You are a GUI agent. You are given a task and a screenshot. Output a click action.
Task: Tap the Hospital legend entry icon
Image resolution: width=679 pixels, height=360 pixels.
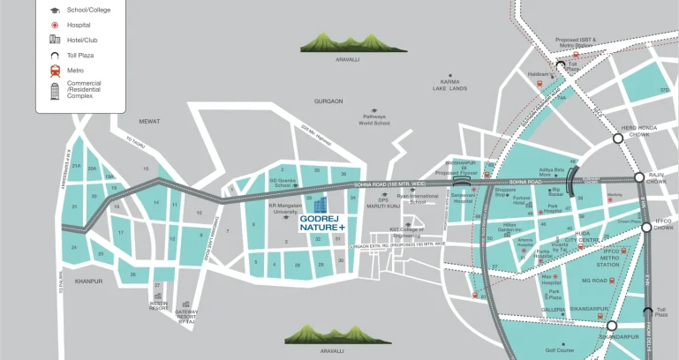pos(55,25)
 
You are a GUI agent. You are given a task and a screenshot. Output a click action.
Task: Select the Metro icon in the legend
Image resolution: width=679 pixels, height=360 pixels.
pos(55,71)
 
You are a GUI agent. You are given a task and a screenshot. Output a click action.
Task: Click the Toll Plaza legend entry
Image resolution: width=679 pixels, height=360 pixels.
pos(55,55)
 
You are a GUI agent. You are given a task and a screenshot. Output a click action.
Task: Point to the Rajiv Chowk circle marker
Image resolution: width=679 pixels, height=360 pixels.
pos(641,177)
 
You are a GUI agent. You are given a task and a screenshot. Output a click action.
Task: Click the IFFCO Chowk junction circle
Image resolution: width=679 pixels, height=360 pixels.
pos(646,227)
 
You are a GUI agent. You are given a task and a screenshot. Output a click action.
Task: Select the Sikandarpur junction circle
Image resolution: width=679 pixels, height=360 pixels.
pos(611,326)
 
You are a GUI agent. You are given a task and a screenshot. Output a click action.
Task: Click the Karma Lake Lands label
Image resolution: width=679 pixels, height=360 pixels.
pos(449,86)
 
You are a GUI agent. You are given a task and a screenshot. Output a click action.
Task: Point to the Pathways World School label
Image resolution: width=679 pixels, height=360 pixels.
pos(374,120)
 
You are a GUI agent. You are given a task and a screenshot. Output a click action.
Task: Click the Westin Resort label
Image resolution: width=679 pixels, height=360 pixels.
pos(159,304)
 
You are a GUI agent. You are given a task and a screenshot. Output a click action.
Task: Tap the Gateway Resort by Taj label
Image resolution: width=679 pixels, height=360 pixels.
pos(186,316)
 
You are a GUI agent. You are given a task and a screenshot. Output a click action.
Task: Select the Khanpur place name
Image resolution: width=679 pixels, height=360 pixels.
pos(89,281)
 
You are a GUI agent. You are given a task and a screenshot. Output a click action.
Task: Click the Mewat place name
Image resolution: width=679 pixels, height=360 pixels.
pos(149,121)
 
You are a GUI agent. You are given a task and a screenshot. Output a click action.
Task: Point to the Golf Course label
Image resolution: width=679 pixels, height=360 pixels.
pos(561,350)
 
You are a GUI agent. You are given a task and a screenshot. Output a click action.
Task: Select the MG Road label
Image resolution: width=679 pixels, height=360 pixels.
pos(593,281)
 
